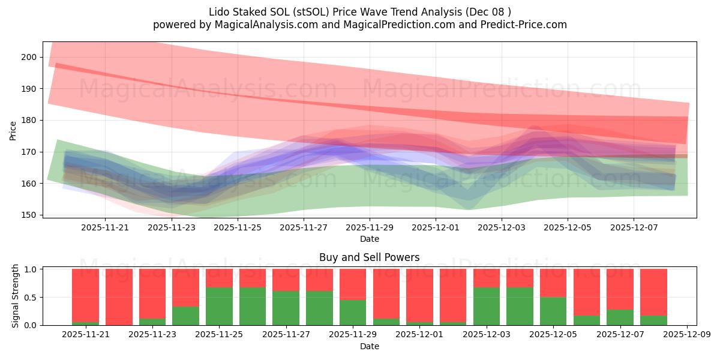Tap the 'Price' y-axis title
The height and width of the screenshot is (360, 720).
click(x=13, y=130)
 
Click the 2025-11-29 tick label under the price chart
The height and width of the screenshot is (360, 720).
click(x=370, y=228)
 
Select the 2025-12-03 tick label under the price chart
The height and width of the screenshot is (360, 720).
click(x=502, y=228)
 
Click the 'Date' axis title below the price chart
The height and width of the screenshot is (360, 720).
click(x=369, y=239)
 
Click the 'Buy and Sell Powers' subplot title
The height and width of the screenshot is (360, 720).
click(x=369, y=257)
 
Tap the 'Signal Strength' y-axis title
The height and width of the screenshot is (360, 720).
click(x=16, y=296)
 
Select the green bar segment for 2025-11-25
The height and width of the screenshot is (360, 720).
click(x=219, y=306)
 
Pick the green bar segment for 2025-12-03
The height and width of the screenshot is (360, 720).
click(x=487, y=306)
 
